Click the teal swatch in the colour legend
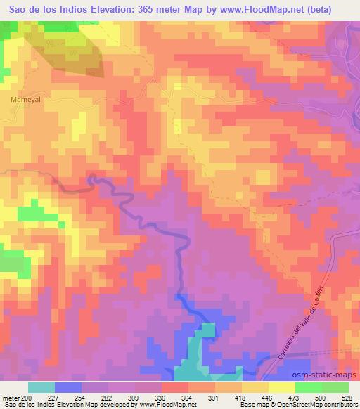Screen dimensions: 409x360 41,387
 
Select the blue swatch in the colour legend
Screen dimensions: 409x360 68,387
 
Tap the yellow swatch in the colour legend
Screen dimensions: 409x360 255,387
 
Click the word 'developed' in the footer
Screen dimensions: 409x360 117,405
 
